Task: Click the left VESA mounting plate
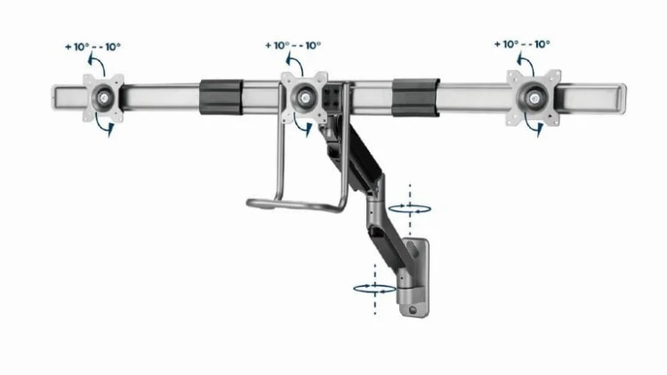coord(105,95)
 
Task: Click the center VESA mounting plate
coord(304,93)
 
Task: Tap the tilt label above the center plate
coord(293,45)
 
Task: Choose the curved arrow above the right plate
coord(526,62)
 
